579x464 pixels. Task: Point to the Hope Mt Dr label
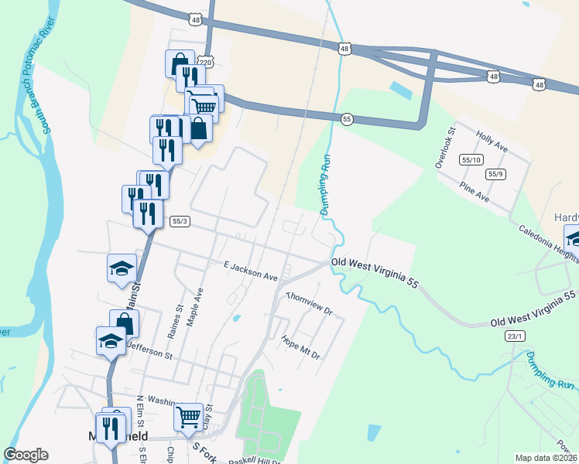(x=300, y=346)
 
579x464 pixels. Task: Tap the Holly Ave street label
(x=492, y=139)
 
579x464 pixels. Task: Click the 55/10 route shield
(x=471, y=160)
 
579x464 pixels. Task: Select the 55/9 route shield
(x=496, y=174)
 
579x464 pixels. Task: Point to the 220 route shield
(x=204, y=62)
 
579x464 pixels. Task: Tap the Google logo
(x=26, y=455)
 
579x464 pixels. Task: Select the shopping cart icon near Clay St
(x=189, y=418)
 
